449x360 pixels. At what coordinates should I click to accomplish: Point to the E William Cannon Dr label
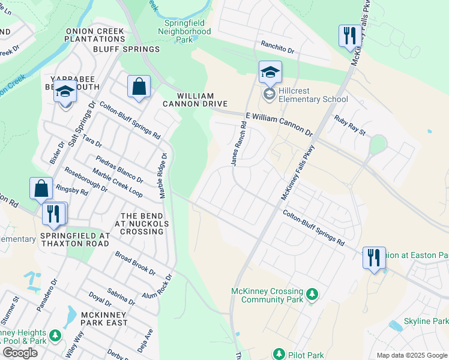point(279,123)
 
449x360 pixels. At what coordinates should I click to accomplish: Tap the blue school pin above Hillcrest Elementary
point(270,72)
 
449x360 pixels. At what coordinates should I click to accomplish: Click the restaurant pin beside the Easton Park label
point(374,258)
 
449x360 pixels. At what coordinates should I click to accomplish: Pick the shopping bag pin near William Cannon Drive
point(139,86)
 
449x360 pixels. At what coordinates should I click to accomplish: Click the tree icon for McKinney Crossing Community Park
point(312,294)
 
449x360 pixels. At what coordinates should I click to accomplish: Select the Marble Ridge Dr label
point(162,175)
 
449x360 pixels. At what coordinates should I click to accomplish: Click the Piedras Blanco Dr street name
point(119,170)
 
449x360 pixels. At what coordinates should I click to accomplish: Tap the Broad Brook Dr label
point(135,263)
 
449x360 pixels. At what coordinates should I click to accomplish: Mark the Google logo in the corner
point(20,352)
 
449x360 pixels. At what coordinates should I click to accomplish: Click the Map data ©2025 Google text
point(411,355)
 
